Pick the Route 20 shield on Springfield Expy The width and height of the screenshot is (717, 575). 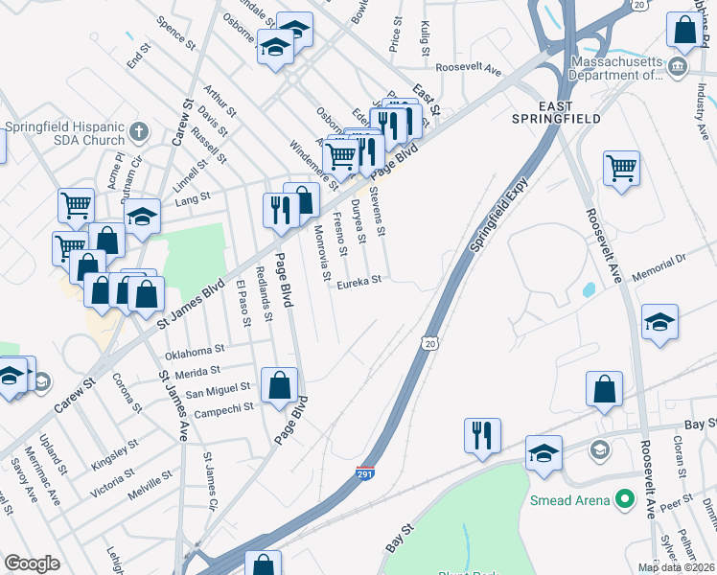click(x=429, y=342)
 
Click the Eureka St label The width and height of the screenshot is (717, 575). click(x=358, y=280)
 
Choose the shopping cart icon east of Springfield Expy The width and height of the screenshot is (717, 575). click(x=621, y=168)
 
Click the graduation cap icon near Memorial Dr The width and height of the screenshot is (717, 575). click(x=659, y=322)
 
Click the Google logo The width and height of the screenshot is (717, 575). click(x=32, y=563)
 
